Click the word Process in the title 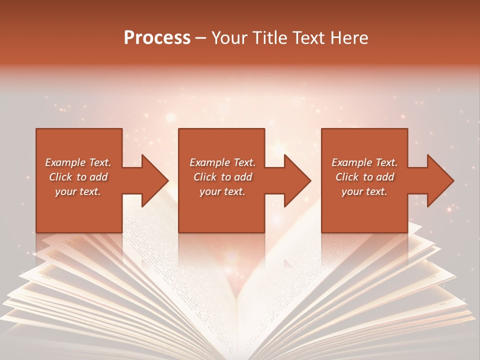[157, 38]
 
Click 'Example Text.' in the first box [78, 162]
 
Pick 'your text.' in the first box [78, 191]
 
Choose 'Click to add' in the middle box [222, 177]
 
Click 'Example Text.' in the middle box [222, 162]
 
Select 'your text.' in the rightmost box [364, 191]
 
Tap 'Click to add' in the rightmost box [364, 177]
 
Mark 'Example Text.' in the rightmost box [364, 162]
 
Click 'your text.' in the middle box [222, 191]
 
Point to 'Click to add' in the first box [78, 177]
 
